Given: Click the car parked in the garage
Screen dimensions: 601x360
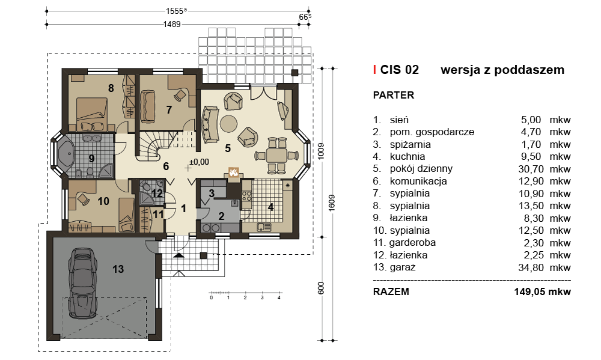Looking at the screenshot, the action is (x=82, y=282).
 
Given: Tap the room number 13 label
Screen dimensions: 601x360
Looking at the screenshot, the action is (x=118, y=269).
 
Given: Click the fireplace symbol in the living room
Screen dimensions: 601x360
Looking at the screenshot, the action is (x=233, y=172).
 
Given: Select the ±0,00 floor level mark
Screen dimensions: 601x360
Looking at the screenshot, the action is (x=199, y=162).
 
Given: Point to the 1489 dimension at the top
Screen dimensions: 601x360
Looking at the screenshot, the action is (x=172, y=24).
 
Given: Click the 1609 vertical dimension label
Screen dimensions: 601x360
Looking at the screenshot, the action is (x=332, y=203).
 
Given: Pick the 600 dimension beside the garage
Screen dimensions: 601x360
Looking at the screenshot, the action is (x=321, y=288).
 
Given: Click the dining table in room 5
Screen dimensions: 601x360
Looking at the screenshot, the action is (x=276, y=155).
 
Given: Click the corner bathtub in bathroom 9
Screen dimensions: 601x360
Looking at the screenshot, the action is (x=65, y=154).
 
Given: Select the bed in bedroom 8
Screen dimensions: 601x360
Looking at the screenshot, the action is (x=92, y=114).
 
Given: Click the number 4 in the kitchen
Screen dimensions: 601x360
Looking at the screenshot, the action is (x=271, y=207).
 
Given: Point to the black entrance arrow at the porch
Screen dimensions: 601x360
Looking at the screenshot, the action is (x=178, y=255).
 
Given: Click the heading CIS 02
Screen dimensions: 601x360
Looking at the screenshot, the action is (x=400, y=70).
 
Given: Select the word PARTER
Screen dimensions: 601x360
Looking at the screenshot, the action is (x=394, y=95).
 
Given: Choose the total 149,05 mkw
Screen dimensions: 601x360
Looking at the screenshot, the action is (x=542, y=291).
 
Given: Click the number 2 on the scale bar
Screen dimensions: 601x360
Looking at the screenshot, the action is (x=245, y=297).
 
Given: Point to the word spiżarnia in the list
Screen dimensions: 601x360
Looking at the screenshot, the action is (x=410, y=144).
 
